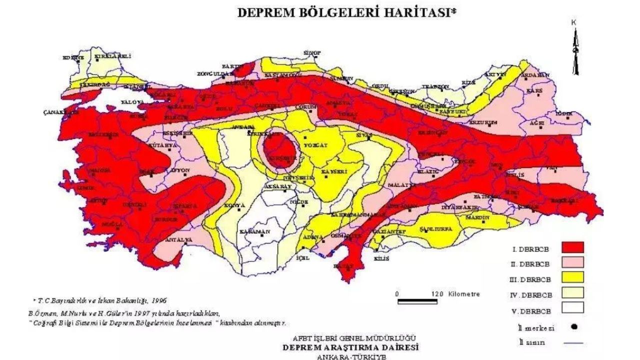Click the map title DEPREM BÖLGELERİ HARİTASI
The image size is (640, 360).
(346, 13)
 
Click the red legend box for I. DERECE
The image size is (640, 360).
(572, 247)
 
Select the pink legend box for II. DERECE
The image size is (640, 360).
(572, 263)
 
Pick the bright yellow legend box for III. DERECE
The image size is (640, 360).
(572, 278)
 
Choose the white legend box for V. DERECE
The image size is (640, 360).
(572, 308)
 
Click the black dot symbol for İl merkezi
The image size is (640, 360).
(574, 327)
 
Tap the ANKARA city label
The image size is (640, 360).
(243, 127)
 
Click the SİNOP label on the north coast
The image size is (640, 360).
(312, 52)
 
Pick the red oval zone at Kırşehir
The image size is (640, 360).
(279, 148)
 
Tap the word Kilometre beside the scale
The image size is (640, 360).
(464, 294)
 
